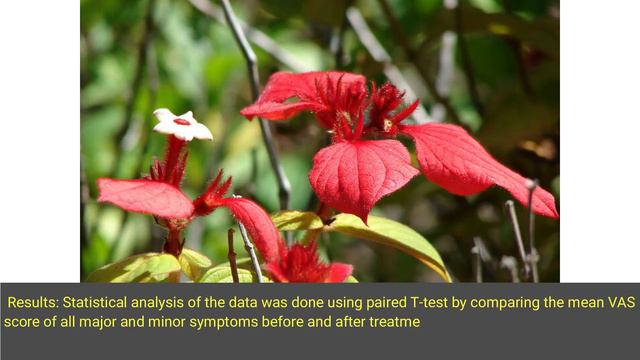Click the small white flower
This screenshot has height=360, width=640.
coord(182,125)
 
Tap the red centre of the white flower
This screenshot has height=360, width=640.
coord(181,121)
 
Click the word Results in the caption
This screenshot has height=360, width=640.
coord(34,301)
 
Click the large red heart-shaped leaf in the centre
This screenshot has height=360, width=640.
coord(362,175)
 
